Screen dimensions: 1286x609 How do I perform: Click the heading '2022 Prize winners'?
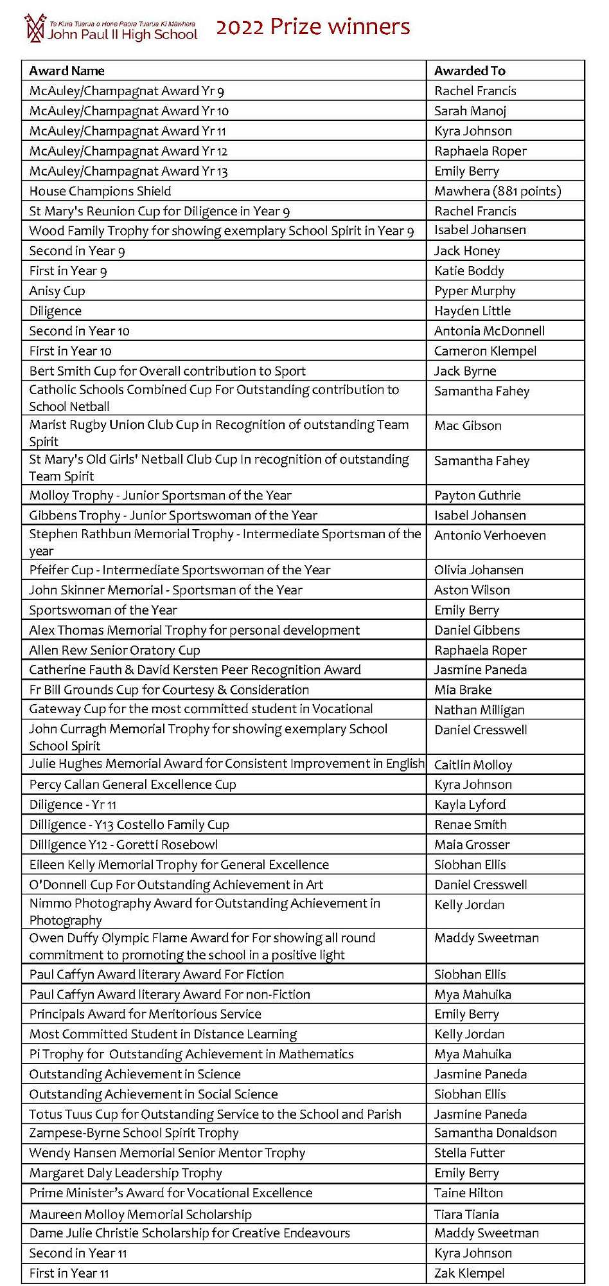(x=313, y=27)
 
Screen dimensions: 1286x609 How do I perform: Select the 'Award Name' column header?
(x=67, y=71)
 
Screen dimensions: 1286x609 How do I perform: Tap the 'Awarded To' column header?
(x=470, y=71)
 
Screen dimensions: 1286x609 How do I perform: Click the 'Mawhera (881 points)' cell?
(x=497, y=191)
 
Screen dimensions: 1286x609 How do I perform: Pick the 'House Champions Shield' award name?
(x=100, y=191)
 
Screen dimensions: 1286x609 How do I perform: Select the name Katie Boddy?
(x=469, y=271)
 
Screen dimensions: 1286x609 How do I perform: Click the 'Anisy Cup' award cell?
(x=57, y=291)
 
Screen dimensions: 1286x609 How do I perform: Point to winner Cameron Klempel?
(x=485, y=350)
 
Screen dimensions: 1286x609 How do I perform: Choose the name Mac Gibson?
(x=468, y=426)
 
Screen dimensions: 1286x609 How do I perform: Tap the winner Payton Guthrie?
(x=477, y=495)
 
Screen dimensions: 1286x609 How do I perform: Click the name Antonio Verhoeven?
(x=490, y=535)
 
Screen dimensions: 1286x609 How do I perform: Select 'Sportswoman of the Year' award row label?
(x=103, y=610)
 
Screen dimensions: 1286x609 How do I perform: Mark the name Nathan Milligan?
(x=479, y=710)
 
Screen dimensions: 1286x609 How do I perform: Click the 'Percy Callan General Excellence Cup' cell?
(x=132, y=784)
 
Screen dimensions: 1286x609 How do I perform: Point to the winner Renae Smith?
(x=470, y=824)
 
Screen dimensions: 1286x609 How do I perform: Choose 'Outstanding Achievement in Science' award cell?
(x=135, y=1074)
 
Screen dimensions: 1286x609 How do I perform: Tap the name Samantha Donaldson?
(x=495, y=1133)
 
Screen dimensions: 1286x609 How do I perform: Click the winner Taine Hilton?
(x=468, y=1193)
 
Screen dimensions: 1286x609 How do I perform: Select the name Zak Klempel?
(x=469, y=1273)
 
